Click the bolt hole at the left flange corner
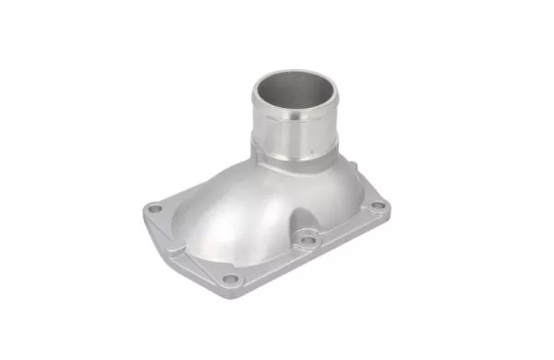[155, 210]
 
